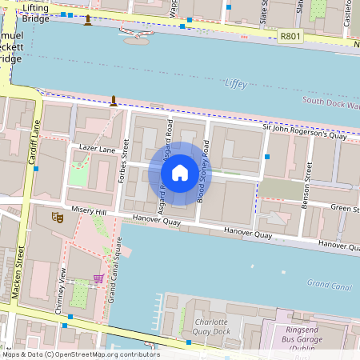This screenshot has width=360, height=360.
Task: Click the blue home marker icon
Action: tap(180, 172)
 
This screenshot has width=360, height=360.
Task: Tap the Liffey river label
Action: tap(236, 83)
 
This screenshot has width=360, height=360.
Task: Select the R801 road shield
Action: tap(290, 37)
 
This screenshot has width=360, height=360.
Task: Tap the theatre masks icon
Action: tap(57, 216)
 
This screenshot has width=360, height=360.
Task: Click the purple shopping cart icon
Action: tap(98, 278)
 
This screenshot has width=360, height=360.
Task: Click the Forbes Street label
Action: tap(122, 163)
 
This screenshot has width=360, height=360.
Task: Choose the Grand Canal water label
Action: tap(330, 284)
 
